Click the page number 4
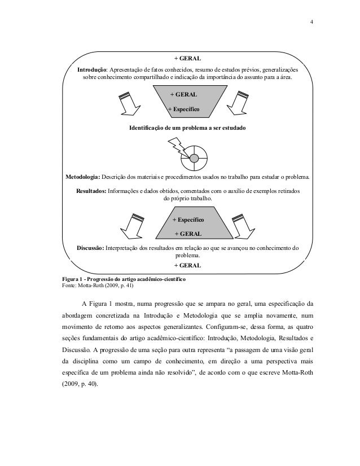pos(313,24)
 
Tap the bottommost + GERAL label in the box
pos(188,265)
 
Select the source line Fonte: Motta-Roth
pos(94,286)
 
